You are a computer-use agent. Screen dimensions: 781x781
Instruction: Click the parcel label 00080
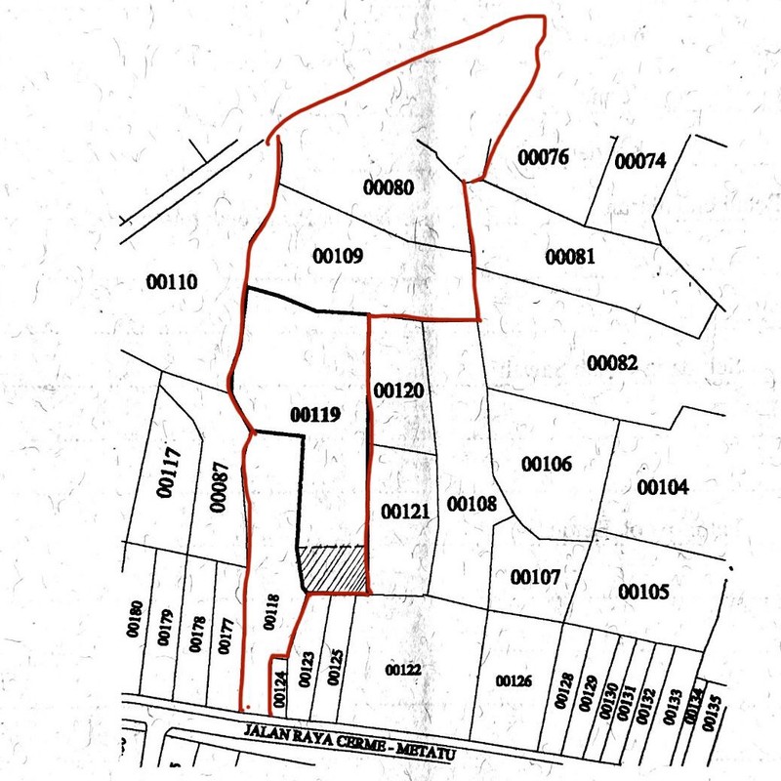388,186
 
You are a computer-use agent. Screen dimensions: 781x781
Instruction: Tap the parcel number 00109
339,257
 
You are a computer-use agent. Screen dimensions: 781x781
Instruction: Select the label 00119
314,414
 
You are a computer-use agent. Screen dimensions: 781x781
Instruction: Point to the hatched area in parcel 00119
334,569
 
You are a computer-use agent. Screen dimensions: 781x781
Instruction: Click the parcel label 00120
398,390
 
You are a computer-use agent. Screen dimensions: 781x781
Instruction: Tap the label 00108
472,504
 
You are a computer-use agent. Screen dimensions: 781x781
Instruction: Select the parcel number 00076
543,157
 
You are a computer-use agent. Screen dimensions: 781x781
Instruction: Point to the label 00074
640,160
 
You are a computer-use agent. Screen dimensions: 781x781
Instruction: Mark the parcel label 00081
570,257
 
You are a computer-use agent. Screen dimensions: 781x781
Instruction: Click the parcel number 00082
612,364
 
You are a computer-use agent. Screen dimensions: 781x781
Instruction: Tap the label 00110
172,283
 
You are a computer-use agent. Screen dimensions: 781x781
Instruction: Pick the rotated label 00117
171,472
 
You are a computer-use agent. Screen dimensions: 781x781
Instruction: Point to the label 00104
663,486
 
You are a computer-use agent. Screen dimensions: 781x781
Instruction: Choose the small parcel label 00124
280,688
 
